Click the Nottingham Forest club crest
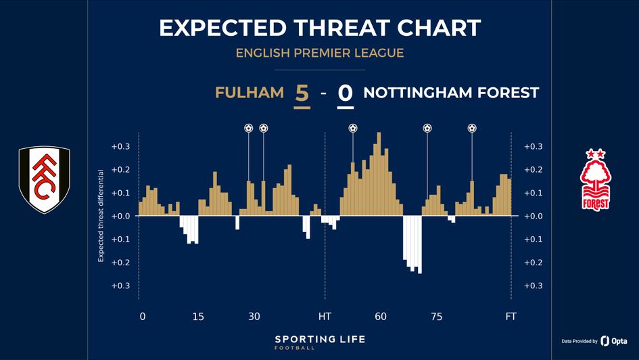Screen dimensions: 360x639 (x=596, y=180)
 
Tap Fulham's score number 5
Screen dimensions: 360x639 (x=302, y=93)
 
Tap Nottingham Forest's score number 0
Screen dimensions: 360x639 (x=345, y=93)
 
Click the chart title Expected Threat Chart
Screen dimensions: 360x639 (x=319, y=28)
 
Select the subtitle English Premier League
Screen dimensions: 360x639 (x=319, y=53)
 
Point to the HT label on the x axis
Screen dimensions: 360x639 (x=325, y=316)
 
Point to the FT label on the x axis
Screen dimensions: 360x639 (x=511, y=316)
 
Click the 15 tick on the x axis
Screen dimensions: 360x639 (x=198, y=316)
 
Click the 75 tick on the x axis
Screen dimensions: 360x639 (x=436, y=316)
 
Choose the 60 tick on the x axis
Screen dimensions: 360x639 (x=381, y=316)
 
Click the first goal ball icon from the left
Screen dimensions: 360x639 (x=248, y=128)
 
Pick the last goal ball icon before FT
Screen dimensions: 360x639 (x=472, y=128)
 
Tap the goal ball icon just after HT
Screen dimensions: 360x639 (x=352, y=128)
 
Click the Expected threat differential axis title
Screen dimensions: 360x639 (x=101, y=216)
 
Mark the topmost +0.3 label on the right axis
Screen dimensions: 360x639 (x=534, y=147)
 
